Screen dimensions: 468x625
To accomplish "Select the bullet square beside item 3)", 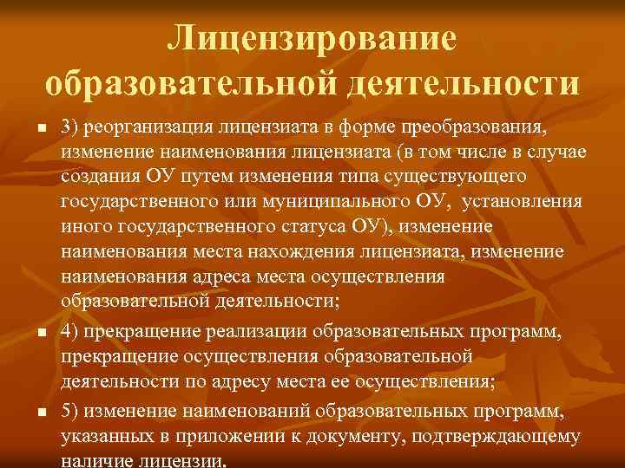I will tap(40, 128).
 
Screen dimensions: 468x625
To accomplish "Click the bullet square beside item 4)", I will tap(40, 333).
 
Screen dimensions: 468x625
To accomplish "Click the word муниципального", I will tap(324, 202).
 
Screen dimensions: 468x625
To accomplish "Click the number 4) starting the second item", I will tap(70, 332).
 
